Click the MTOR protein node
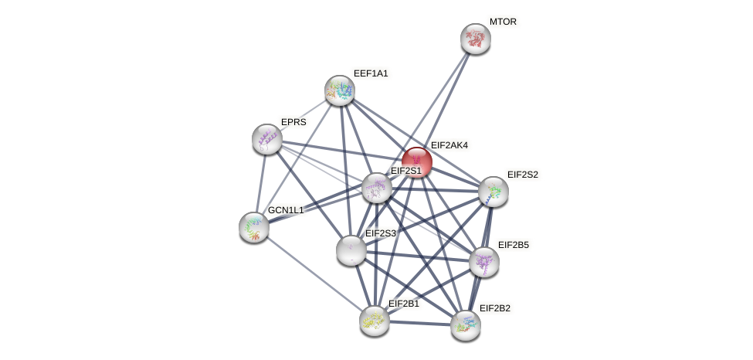pyautogui.click(x=476, y=39)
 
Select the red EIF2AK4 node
pyautogui.click(x=416, y=162)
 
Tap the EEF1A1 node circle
pyautogui.click(x=340, y=90)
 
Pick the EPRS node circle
pyautogui.click(x=267, y=139)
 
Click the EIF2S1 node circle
pyautogui.click(x=377, y=188)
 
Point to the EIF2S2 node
pyautogui.click(x=494, y=192)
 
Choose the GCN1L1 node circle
pyautogui.click(x=254, y=227)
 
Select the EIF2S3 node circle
pyautogui.click(x=351, y=250)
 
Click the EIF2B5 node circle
pyautogui.click(x=484, y=262)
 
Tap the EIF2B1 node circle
pyautogui.click(x=375, y=321)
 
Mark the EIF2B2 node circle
pyautogui.click(x=466, y=325)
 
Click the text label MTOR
pyautogui.click(x=503, y=22)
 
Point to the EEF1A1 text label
pyautogui.click(x=371, y=73)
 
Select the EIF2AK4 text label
pyautogui.click(x=449, y=145)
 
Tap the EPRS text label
pyautogui.click(x=293, y=122)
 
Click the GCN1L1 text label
pyautogui.click(x=286, y=210)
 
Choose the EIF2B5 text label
pyautogui.click(x=513, y=245)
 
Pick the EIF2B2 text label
pyautogui.click(x=494, y=308)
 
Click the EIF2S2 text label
pyautogui.click(x=522, y=175)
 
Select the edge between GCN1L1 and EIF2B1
pyautogui.click(x=314, y=273)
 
